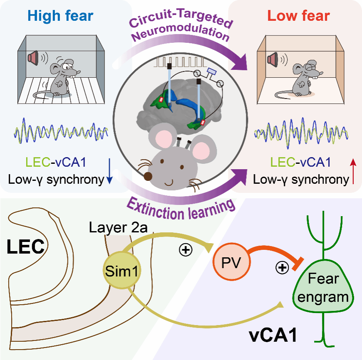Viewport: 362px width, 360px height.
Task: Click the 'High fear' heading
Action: tap(60, 16)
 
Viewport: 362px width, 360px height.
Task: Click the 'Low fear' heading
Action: tap(299, 16)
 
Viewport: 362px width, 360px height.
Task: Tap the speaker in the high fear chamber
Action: tap(33, 58)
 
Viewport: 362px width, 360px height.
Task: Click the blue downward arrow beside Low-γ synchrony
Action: tap(110, 171)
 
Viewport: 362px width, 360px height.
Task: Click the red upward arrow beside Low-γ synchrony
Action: tap(353, 171)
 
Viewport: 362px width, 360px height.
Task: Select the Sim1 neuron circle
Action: tap(121, 270)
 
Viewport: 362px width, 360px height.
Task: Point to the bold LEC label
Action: tap(26, 247)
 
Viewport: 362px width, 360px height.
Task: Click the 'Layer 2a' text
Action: tap(118, 228)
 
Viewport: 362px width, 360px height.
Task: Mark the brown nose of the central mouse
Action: tap(148, 176)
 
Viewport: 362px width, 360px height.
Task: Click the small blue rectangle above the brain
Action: tap(212, 72)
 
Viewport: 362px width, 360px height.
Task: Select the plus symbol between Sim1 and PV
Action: tap(186, 250)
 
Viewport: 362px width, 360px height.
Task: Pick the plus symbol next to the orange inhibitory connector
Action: tap(282, 268)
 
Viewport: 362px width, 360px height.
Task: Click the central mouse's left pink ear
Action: tap(164, 138)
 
